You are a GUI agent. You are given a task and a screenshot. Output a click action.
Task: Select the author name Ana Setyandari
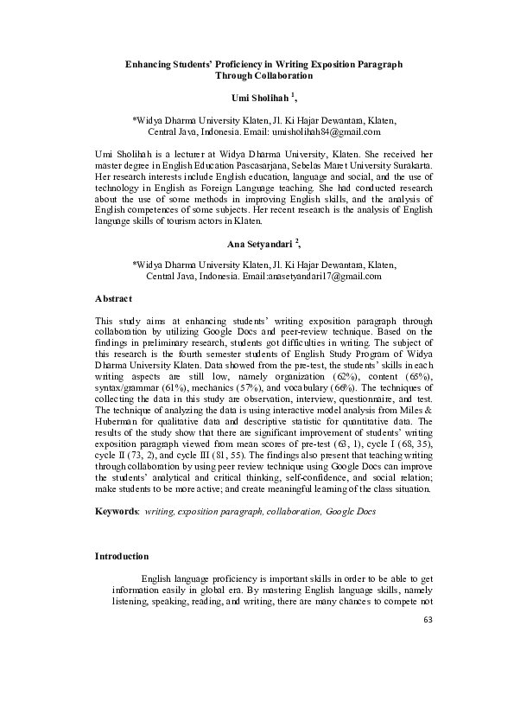[x=253, y=246]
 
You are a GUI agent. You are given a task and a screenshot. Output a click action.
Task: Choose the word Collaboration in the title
[x=279, y=76]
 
